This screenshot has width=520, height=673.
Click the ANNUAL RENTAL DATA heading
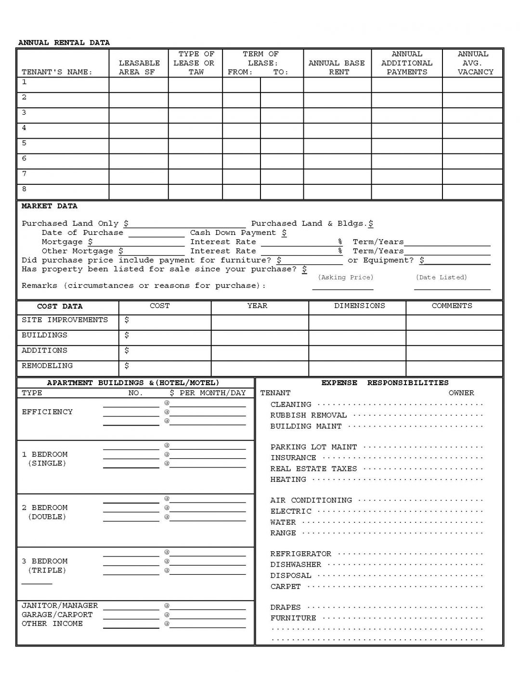(x=64, y=43)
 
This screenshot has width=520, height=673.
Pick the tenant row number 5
(x=24, y=143)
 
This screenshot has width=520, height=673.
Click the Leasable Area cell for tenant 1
(x=139, y=85)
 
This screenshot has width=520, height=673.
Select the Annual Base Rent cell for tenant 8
(x=337, y=192)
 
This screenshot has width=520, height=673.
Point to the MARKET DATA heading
(x=49, y=206)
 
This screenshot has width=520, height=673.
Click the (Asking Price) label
(x=345, y=277)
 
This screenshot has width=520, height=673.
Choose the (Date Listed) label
(x=441, y=277)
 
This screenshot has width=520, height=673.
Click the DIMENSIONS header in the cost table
(x=359, y=306)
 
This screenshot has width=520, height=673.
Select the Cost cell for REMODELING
(x=165, y=366)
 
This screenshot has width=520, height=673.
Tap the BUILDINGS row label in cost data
(x=44, y=335)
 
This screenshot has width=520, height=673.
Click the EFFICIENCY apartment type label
(x=47, y=412)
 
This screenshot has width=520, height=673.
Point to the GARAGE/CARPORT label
(x=57, y=615)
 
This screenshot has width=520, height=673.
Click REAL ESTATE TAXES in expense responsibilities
(x=313, y=468)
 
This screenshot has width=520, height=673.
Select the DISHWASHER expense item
(x=295, y=565)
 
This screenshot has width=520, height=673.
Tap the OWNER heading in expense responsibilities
(x=461, y=393)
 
